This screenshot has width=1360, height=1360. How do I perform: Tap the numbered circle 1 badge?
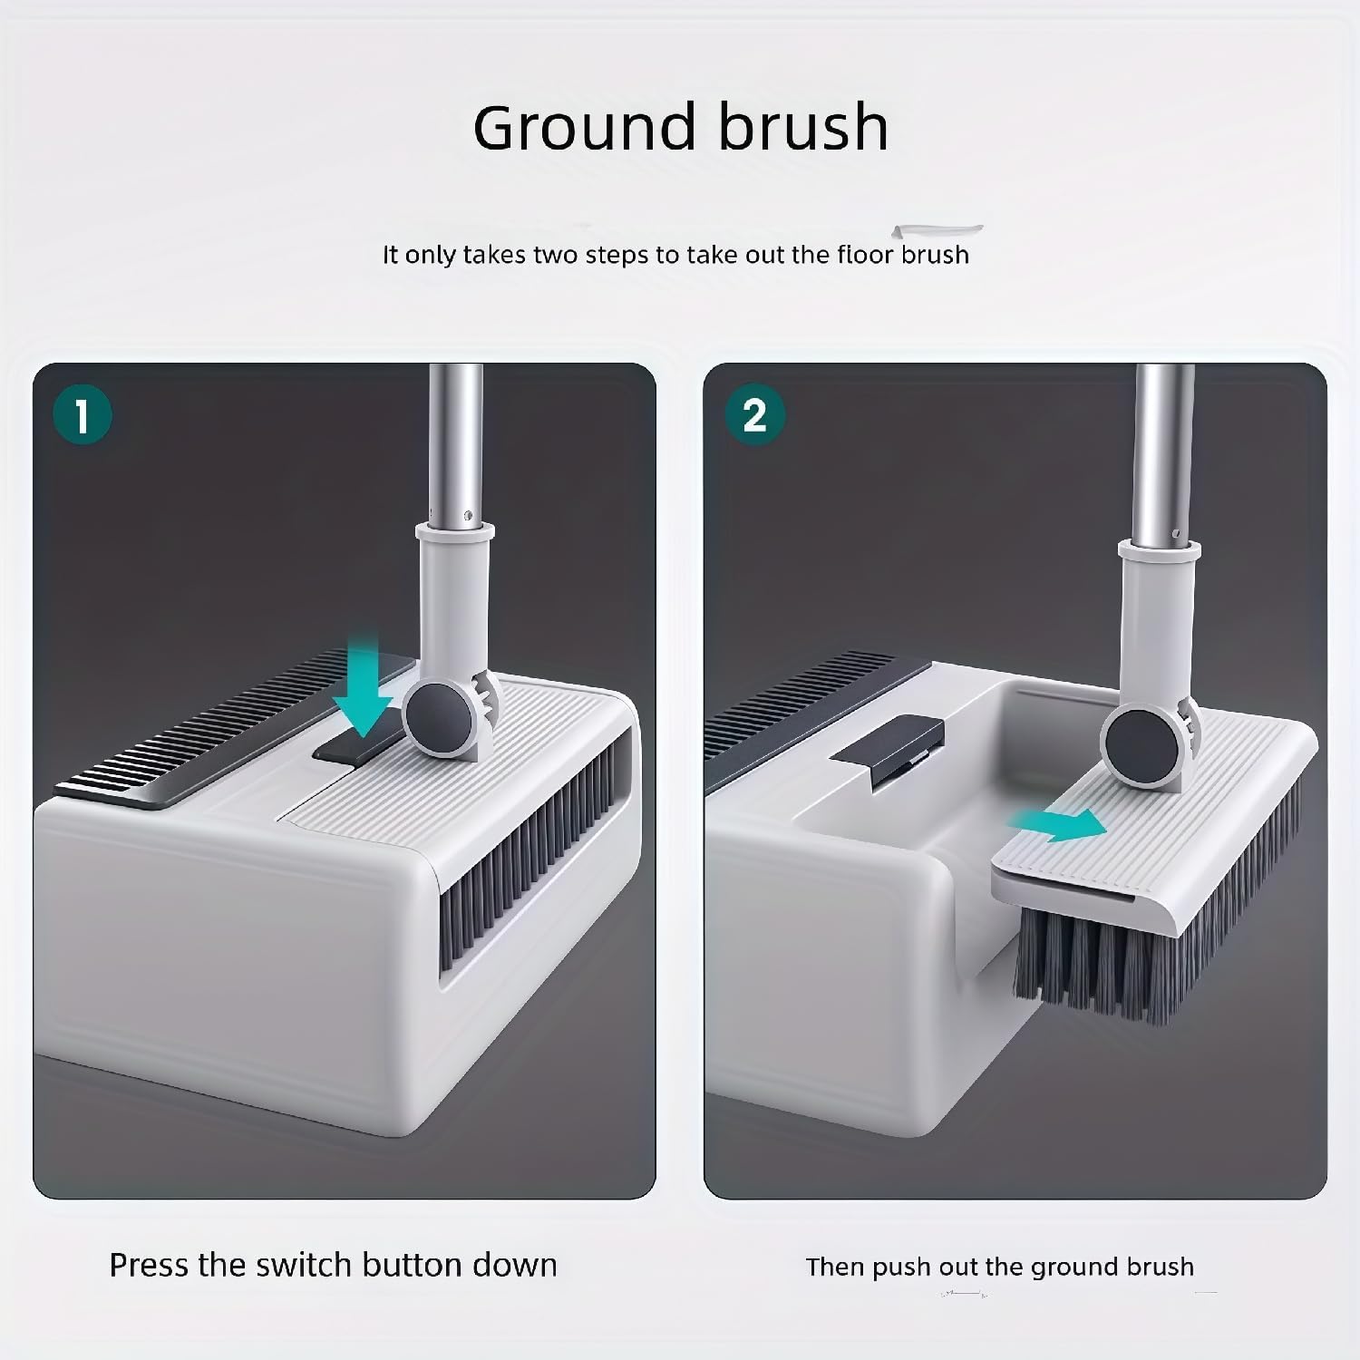[83, 417]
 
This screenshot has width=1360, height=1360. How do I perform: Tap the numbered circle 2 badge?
[754, 415]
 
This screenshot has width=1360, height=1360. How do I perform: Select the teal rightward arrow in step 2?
[1057, 824]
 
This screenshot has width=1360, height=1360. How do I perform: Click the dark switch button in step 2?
[888, 752]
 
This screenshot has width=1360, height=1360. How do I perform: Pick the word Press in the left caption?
[150, 1265]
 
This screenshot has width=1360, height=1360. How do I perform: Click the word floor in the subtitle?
[866, 254]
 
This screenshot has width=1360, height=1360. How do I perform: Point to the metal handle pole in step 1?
[456, 444]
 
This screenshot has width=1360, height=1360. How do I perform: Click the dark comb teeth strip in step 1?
[227, 725]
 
